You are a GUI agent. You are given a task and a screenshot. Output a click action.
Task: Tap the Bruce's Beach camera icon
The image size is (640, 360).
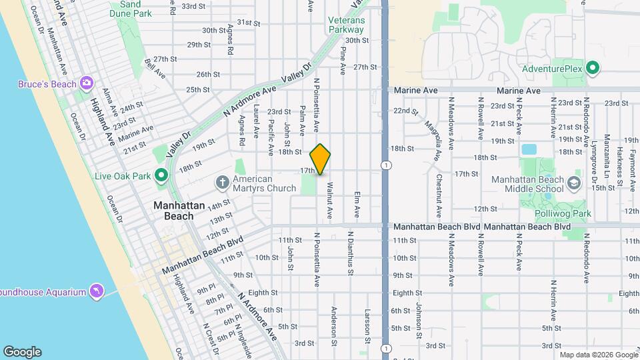click(86, 83)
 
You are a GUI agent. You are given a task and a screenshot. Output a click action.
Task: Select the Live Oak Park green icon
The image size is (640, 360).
click(161, 175)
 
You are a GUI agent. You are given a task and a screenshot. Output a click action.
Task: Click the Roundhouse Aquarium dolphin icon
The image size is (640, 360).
click(97, 291)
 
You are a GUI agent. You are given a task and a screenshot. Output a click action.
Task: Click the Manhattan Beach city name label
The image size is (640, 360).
click(174, 211)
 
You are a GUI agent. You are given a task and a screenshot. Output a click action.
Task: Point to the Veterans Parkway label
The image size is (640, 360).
click(347, 25)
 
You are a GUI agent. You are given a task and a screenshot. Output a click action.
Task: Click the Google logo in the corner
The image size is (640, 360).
click(22, 352)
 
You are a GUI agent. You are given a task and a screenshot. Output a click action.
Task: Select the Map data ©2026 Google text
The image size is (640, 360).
click(599, 355)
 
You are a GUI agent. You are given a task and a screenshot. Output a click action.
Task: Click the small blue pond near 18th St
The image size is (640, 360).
click(529, 149)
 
